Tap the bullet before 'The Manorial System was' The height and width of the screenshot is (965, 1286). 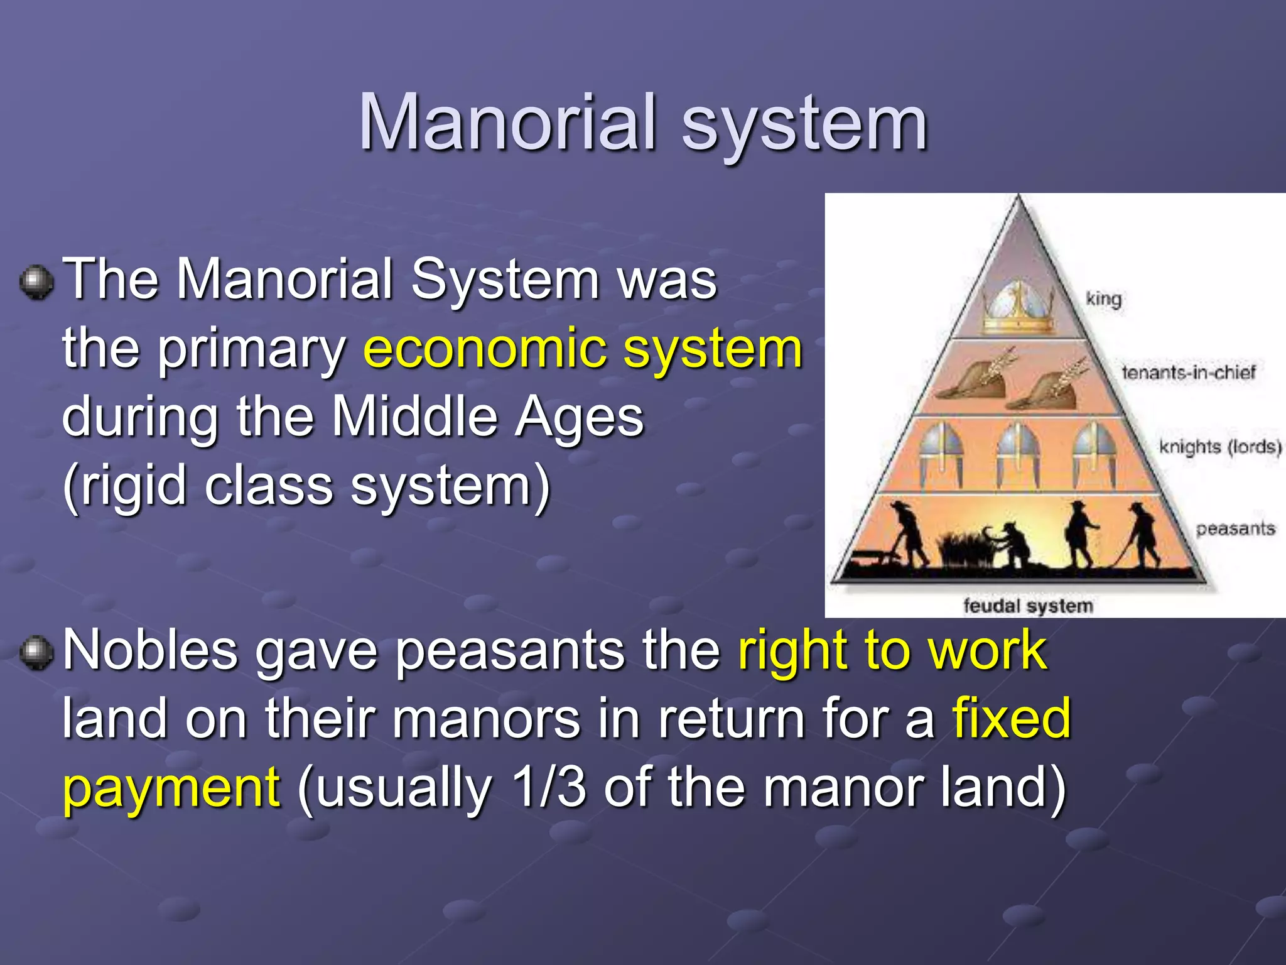36,282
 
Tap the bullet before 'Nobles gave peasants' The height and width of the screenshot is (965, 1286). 36,653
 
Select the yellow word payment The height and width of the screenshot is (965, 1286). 171,789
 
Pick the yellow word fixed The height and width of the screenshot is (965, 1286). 1011,719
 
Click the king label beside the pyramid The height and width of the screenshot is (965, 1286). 1103,299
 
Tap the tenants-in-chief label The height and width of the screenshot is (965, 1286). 1188,372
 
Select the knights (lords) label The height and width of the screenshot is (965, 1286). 1219,447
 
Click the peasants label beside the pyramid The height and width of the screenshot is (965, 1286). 1235,529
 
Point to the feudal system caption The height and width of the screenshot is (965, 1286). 1028,606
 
